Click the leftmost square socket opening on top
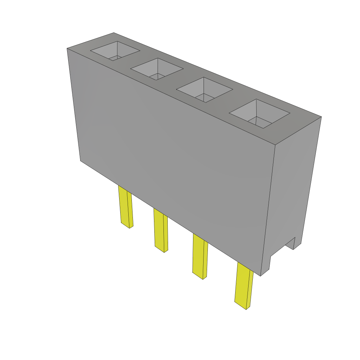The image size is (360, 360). (115, 51)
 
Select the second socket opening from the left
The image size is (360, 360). (157, 69)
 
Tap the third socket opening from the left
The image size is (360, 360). (204, 90)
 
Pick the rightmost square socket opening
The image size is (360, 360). (259, 113)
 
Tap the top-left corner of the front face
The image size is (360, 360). (67, 49)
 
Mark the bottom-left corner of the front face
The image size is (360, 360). (81, 161)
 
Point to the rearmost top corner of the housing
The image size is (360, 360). (114, 33)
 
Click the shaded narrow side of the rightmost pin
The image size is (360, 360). (250, 290)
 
